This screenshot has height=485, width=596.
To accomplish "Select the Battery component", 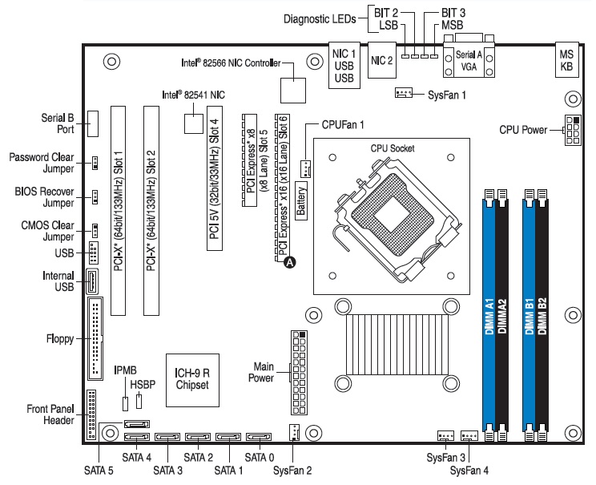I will coord(302,199).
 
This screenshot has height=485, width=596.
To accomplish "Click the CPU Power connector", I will coord(573,128).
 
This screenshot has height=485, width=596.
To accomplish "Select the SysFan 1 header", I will coord(403,94).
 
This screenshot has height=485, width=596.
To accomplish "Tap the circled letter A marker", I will coord(290,261).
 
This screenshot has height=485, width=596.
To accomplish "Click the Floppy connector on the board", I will coord(98,339).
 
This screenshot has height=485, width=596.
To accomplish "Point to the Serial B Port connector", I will coord(95,123).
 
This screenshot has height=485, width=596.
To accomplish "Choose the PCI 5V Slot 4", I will coord(214,183).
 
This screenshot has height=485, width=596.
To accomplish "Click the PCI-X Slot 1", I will coord(118,211).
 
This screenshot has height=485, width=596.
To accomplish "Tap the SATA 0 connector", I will coord(258,439).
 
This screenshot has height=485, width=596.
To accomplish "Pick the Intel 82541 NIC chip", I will coord(193,123).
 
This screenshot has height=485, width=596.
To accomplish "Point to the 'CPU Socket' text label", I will coord(393,148).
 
